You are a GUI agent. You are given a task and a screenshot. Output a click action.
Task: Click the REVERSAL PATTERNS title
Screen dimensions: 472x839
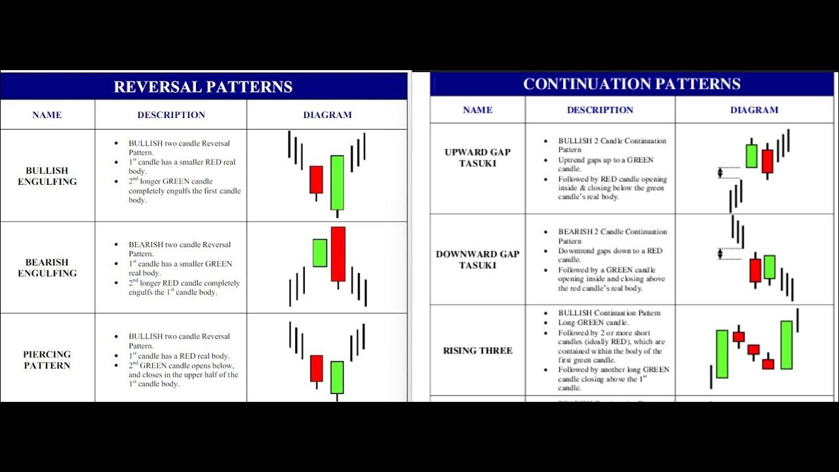(x=203, y=87)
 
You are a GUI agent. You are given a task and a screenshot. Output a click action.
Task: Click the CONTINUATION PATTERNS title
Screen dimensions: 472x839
(x=631, y=84)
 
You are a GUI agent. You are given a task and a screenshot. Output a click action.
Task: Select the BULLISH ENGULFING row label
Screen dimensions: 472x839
(x=47, y=176)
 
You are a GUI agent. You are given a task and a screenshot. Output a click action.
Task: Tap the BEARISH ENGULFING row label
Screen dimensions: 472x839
(x=47, y=267)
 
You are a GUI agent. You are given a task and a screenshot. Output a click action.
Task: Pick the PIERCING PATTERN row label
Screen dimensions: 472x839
(x=47, y=360)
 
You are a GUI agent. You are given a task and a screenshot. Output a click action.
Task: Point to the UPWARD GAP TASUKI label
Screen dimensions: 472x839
(x=477, y=157)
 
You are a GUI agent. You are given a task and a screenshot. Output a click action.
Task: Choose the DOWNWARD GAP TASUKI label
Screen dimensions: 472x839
(x=477, y=260)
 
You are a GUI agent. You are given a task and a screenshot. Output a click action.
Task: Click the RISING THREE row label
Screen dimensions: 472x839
(x=477, y=351)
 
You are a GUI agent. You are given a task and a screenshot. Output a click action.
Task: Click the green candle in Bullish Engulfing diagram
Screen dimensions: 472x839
(x=337, y=182)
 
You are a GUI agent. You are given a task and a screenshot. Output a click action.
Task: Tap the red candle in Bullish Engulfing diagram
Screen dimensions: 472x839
(x=316, y=180)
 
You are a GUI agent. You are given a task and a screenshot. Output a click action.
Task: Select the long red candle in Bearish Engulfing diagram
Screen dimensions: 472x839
(x=338, y=254)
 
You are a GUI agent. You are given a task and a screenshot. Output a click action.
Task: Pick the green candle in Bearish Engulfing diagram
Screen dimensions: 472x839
(x=320, y=252)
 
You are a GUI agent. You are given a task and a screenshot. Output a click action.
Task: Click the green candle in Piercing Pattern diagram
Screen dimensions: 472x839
(x=337, y=377)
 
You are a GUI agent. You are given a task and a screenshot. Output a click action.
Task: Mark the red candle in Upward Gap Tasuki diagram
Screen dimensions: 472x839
(x=768, y=161)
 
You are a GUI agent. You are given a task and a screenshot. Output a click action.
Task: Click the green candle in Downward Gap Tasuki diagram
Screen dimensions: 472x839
(x=770, y=267)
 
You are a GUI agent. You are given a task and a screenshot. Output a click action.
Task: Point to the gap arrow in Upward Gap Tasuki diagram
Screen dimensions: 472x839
(x=720, y=172)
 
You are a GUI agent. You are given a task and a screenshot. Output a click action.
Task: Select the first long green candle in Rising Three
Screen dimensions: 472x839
(x=722, y=354)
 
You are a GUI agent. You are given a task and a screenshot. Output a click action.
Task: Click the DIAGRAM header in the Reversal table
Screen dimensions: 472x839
(x=327, y=115)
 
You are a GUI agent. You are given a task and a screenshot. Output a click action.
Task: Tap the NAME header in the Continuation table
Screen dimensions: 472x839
(x=477, y=110)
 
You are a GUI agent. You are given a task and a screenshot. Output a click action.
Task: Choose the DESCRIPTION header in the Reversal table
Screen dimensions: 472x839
(x=171, y=115)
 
